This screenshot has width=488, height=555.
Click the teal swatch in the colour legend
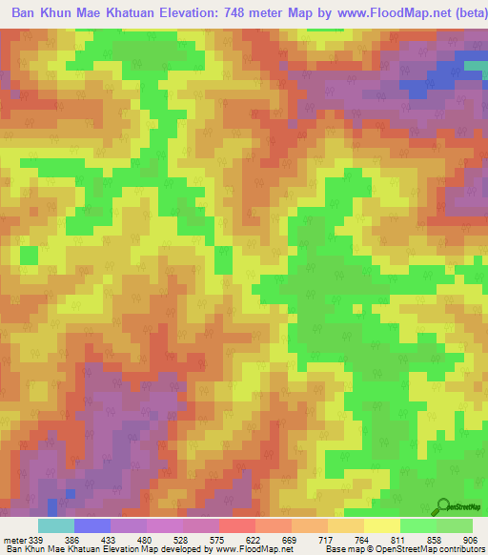pyautogui.click(x=56, y=525)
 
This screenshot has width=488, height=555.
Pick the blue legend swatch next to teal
pyautogui.click(x=92, y=525)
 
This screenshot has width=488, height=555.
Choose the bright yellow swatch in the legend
pyautogui.click(x=382, y=525)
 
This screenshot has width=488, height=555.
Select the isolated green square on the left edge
pyautogui.click(x=29, y=255)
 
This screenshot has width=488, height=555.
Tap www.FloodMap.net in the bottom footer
pyautogui.click(x=252, y=549)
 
